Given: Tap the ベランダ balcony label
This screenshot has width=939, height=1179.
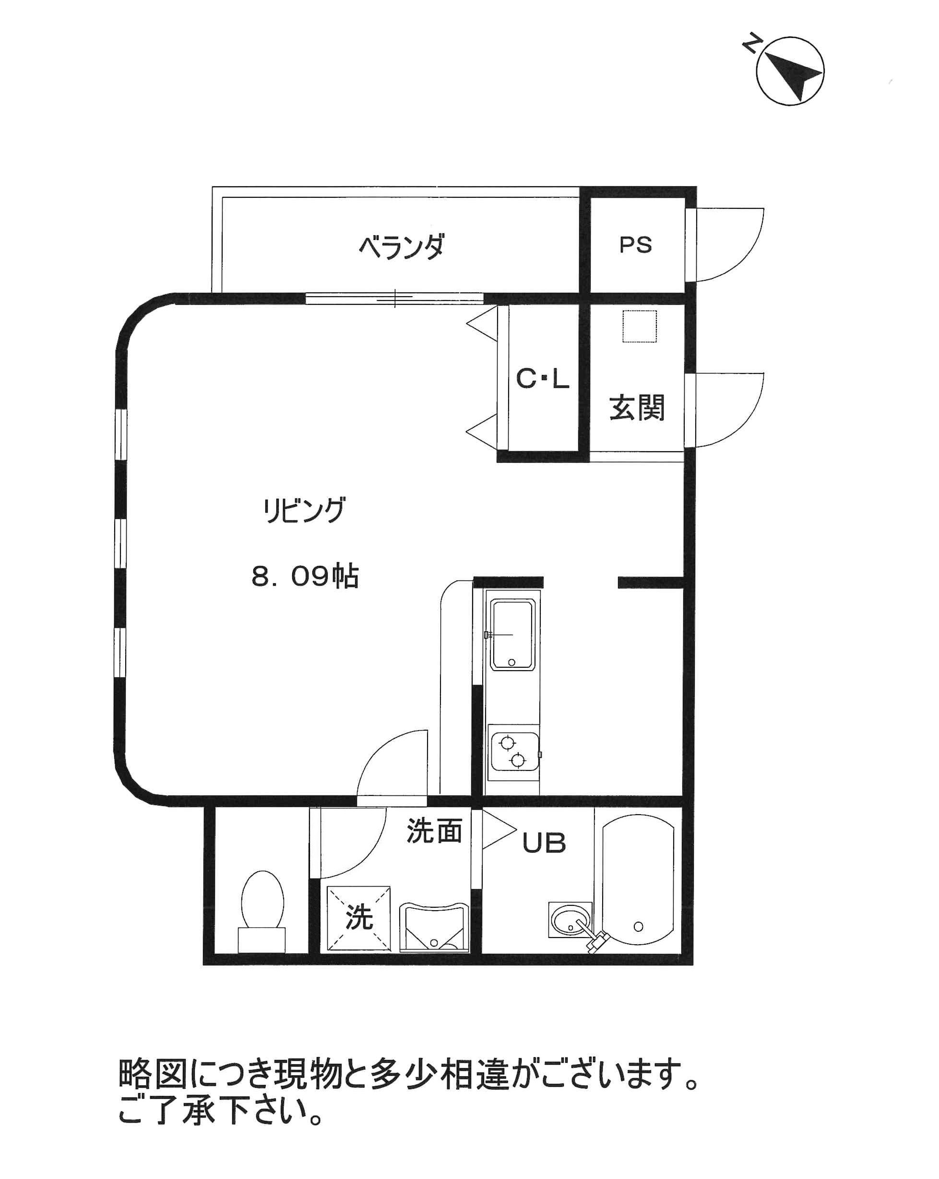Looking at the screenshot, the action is [401, 247].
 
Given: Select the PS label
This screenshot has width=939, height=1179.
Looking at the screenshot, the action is [636, 244].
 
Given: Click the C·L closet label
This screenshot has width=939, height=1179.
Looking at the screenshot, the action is [543, 378].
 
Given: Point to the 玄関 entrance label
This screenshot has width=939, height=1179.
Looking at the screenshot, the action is [637, 408].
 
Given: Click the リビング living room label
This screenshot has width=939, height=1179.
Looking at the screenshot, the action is [304, 510].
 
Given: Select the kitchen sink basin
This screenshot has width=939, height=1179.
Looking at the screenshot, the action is [511, 634].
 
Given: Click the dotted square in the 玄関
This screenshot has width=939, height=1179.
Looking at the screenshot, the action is [640, 326].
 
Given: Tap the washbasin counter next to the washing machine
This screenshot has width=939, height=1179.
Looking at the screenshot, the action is [434, 927].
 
